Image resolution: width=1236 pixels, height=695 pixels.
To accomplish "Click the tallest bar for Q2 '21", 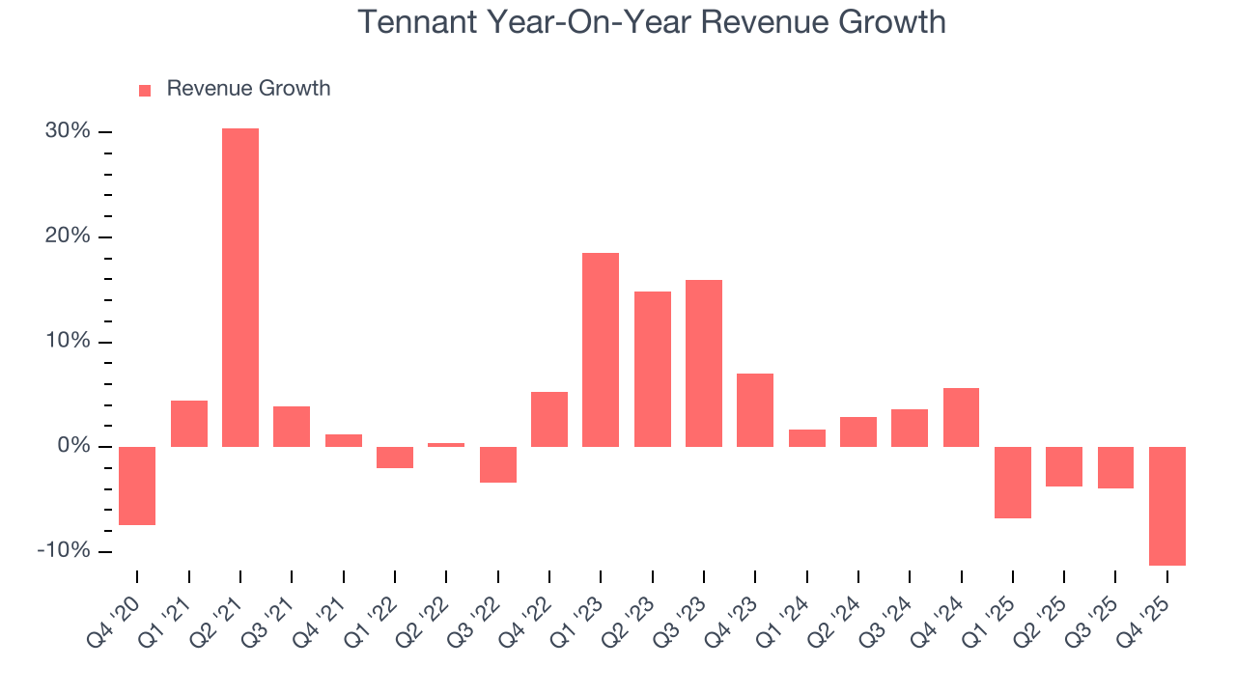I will pos(240,288).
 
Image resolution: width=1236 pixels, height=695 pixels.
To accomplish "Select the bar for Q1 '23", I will pos(601,349).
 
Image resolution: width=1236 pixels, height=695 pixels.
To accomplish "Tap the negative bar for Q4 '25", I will pos(1167,506).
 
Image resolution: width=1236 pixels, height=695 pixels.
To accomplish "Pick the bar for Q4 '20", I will pos(137,486).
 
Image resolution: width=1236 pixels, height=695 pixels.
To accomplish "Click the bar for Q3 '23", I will pos(704,363).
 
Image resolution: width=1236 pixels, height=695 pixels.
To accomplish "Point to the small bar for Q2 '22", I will pos(446,445).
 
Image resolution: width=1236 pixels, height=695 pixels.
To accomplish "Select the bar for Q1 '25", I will pos(1013,483).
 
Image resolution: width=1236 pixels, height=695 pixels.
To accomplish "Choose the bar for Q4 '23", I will pos(755,410).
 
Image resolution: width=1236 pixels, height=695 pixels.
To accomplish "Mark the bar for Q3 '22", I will pos(498,464).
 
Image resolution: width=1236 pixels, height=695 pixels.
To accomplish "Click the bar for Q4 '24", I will pos(961,417).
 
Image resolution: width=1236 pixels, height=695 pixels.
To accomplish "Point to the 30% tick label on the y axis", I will pos(68,131).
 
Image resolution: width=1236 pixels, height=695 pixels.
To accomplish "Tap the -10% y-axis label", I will pos(64,551).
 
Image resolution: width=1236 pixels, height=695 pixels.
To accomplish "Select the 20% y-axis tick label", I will pos(68,236).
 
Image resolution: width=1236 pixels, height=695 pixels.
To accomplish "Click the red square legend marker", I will pos(145,90).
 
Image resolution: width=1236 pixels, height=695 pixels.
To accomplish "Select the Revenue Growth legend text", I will pos(248,89).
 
